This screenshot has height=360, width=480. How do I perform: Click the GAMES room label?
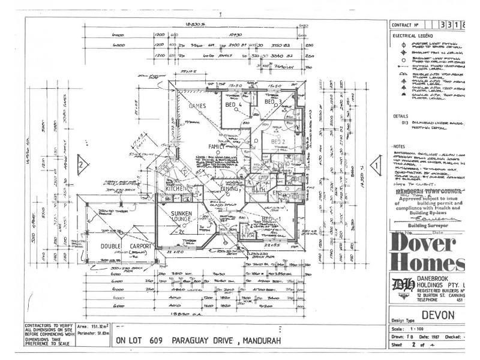pyautogui.click(x=198, y=106)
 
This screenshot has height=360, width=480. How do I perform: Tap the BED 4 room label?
pyautogui.click(x=233, y=105)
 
